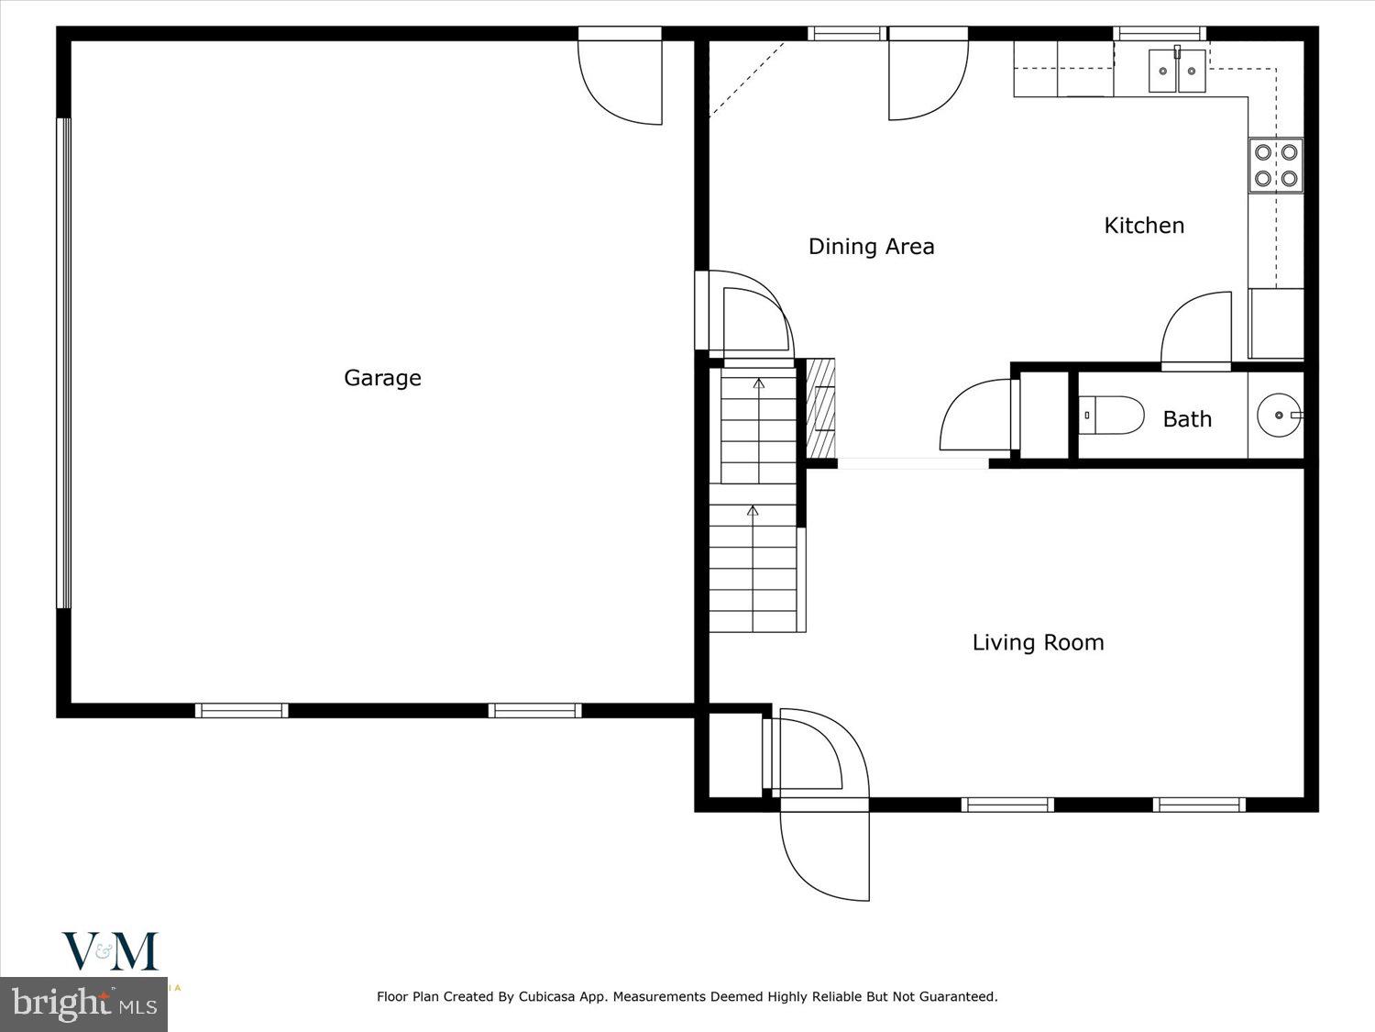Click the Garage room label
(x=382, y=378)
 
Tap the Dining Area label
(x=871, y=247)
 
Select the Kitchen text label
(x=1144, y=226)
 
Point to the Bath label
(x=1187, y=419)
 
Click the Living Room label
(x=1038, y=642)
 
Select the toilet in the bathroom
(x=1112, y=416)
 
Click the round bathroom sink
(x=1278, y=416)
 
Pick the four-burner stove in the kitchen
(x=1276, y=165)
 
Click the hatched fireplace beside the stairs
(x=822, y=408)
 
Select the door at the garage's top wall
(x=621, y=78)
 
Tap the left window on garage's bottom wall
(x=241, y=710)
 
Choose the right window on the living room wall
(x=1199, y=805)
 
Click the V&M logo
(x=110, y=951)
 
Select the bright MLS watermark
(x=84, y=1004)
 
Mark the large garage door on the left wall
(x=63, y=363)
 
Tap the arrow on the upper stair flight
(x=758, y=383)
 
